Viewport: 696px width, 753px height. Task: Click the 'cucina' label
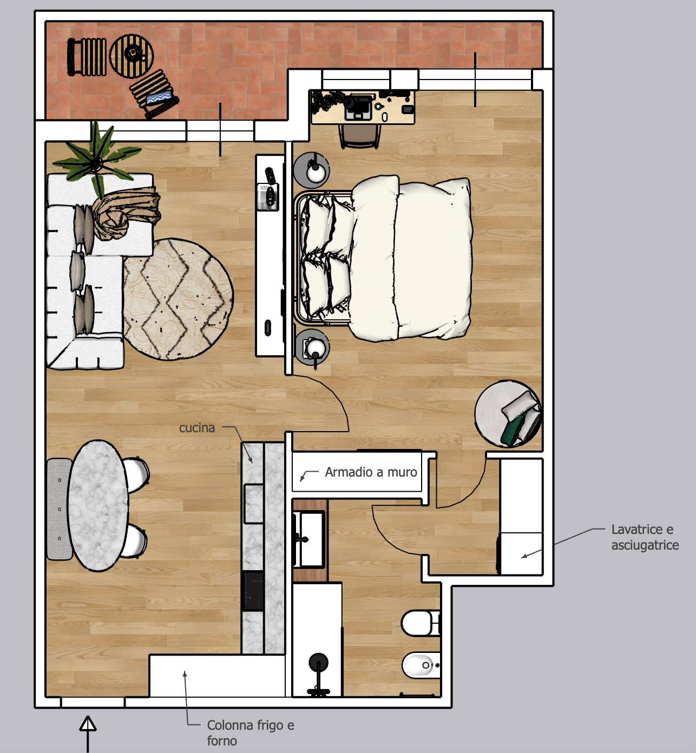pos(196,428)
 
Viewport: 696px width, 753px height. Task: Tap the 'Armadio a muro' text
pos(371,472)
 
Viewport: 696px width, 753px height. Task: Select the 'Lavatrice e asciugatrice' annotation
pos(645,537)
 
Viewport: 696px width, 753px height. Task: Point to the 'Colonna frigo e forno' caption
pos(251,732)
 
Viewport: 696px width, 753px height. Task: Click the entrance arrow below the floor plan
pos(88,734)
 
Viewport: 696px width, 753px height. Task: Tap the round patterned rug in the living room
pos(179,299)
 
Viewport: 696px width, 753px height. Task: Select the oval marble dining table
pos(99,505)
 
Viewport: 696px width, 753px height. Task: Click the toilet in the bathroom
pos(421,623)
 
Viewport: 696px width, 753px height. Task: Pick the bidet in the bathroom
pos(421,665)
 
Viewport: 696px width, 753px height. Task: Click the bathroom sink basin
pos(309,539)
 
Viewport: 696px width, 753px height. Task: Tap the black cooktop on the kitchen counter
pos(253,591)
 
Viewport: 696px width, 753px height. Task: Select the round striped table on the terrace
pos(132,56)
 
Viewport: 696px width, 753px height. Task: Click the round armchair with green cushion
pos(508,414)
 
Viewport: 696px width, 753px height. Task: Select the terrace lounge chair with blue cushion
pos(154,94)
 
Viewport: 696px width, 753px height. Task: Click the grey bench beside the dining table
pos(59,509)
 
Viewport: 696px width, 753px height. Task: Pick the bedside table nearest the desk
pos(312,170)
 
